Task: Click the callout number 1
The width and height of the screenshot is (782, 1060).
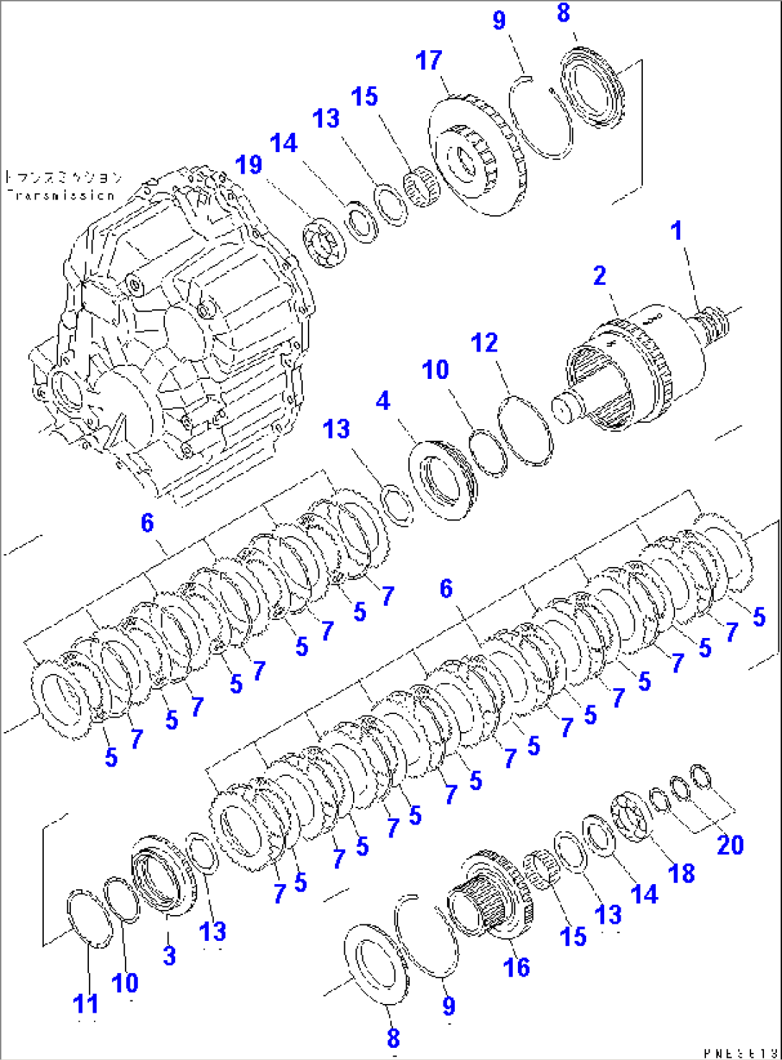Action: tap(676, 231)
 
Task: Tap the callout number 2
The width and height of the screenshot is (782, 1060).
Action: tap(600, 276)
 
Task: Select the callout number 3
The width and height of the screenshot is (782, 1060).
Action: tap(169, 955)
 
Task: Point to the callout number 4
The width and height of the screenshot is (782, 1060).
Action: tap(383, 400)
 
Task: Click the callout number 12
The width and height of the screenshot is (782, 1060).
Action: tap(484, 342)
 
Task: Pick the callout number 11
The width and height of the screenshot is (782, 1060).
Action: tap(86, 1004)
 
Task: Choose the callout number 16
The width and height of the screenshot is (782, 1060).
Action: tap(517, 967)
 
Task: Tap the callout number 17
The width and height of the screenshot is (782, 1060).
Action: tap(429, 61)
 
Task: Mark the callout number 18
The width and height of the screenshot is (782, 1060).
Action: tap(681, 873)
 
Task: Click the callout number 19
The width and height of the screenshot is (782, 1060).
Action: tap(249, 165)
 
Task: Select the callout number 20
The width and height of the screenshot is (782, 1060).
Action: tap(730, 845)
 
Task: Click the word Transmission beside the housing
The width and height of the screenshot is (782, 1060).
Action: tap(60, 194)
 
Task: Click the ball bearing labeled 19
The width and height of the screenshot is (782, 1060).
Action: tap(324, 243)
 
